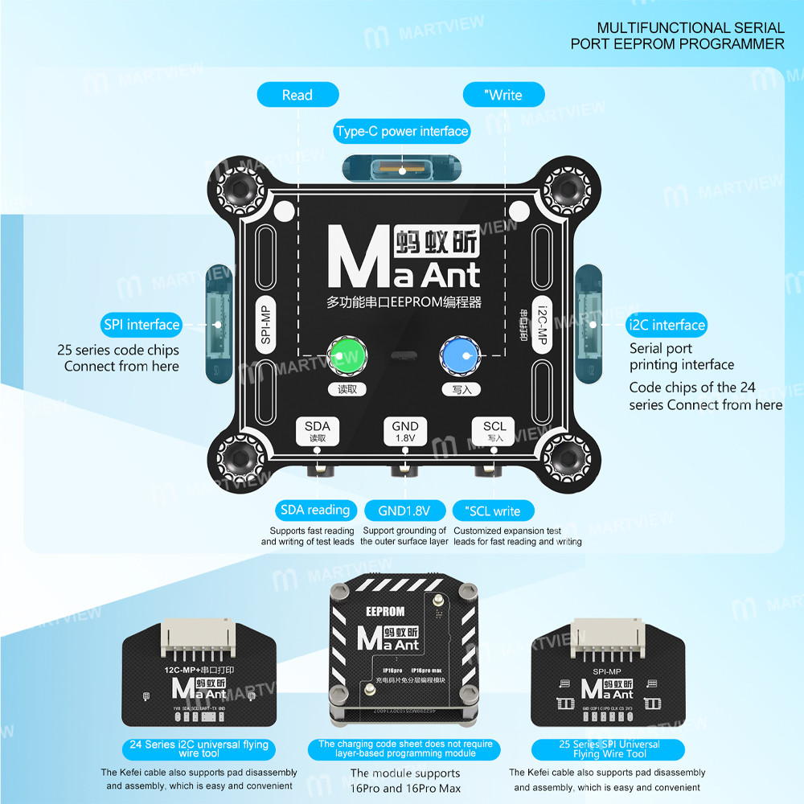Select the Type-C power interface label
click(x=402, y=131)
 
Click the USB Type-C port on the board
click(x=402, y=170)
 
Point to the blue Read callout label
click(x=297, y=95)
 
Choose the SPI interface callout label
click(x=142, y=325)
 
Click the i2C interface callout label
click(x=666, y=325)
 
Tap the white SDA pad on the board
click(x=318, y=431)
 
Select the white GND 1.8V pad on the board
click(x=404, y=431)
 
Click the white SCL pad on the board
click(x=494, y=431)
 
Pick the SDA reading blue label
click(x=314, y=510)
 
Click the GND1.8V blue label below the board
click(x=404, y=511)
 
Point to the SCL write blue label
click(x=492, y=511)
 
